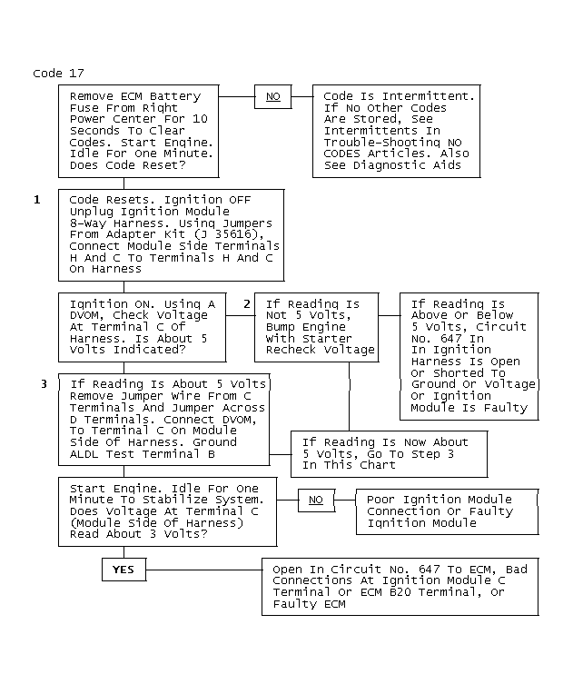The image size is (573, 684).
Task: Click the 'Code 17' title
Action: pyautogui.click(x=58, y=74)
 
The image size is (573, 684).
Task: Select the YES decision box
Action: pyautogui.click(x=123, y=570)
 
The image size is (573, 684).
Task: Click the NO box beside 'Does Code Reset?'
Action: pyautogui.click(x=272, y=96)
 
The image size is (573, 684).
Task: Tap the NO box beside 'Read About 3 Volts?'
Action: pyautogui.click(x=315, y=500)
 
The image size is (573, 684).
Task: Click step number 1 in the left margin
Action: pyautogui.click(x=37, y=199)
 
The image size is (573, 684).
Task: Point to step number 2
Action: pyautogui.click(x=247, y=303)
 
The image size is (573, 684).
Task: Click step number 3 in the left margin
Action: pyautogui.click(x=44, y=384)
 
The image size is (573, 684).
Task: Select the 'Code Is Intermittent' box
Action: pyautogui.click(x=397, y=130)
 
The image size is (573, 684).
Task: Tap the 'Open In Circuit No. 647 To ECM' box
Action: pyautogui.click(x=400, y=587)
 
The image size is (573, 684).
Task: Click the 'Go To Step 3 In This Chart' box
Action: pyautogui.click(x=389, y=453)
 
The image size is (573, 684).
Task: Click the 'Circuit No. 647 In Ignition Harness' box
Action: pyautogui.click(x=469, y=356)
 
